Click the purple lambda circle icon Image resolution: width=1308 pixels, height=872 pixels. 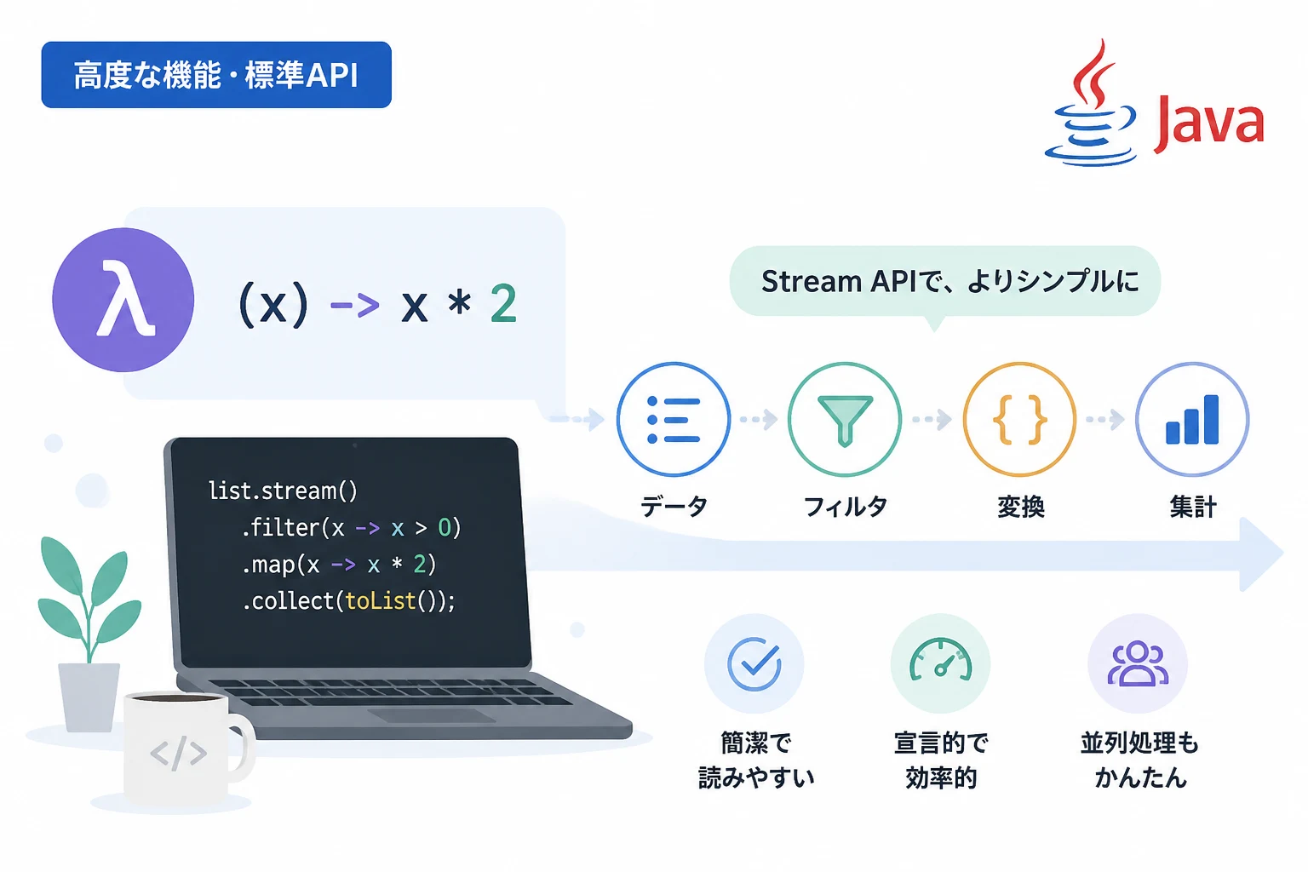123,300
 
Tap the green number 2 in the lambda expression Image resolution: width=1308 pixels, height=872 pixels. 503,302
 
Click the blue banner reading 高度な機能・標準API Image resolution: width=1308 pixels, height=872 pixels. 216,75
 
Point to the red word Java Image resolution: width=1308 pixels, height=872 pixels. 1208,123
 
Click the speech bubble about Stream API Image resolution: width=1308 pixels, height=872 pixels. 944,283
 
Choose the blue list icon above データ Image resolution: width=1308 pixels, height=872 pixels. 674,419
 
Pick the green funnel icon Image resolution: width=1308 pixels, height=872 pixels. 845,419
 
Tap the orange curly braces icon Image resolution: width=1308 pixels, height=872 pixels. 1019,419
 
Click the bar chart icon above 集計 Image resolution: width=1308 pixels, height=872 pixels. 1192,419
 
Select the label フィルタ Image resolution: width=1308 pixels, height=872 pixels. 846,507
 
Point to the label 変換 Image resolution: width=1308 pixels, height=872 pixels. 1021,507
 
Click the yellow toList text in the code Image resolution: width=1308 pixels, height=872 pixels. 380,600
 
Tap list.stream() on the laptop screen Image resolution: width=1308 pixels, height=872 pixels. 283,490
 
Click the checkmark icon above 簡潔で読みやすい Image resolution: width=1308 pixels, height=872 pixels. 754,663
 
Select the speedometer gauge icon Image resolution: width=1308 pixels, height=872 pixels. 940,663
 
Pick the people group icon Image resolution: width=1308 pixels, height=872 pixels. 1138,663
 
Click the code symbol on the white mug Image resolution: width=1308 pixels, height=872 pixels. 178,753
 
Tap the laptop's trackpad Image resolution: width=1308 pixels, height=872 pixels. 432,715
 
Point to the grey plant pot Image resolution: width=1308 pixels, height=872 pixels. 89,697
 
